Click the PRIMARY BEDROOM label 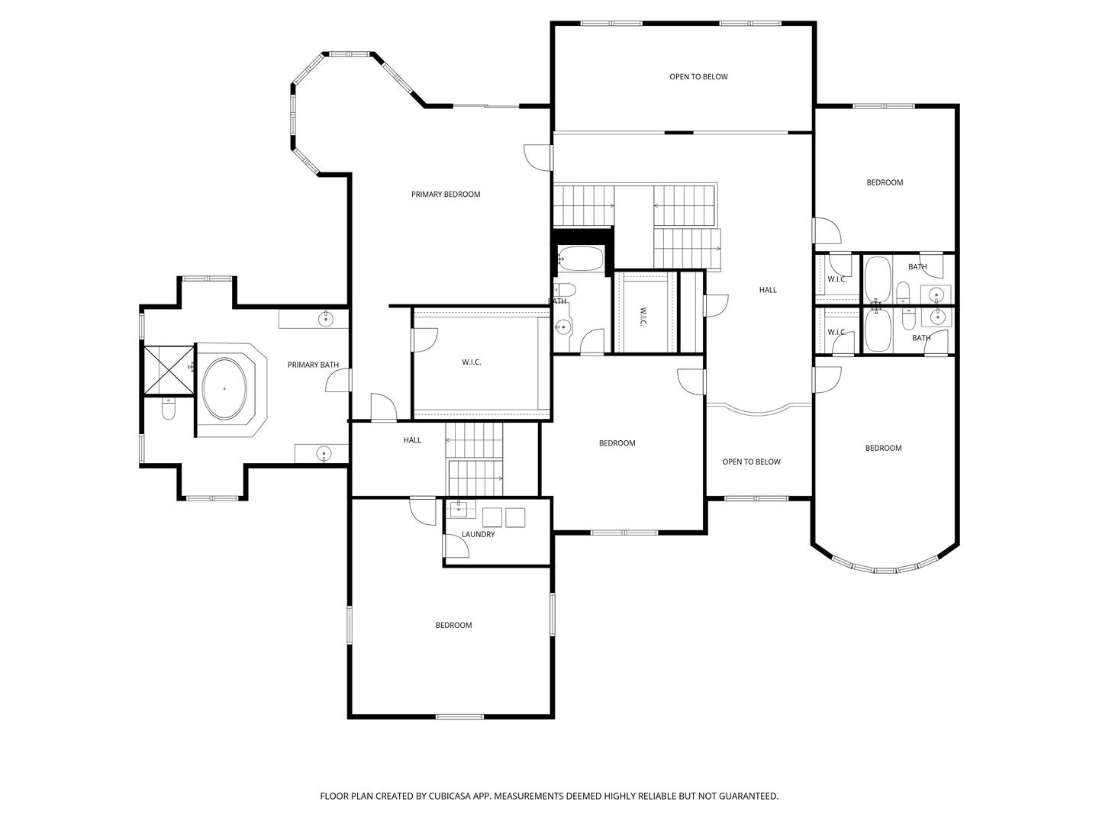tap(445, 194)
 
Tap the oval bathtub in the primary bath tap(224, 389)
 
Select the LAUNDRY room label tap(479, 534)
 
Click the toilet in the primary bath tap(169, 409)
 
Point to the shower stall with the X tap(169, 370)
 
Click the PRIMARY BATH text tap(313, 365)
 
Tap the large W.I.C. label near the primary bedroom tap(471, 362)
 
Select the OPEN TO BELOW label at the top tap(698, 76)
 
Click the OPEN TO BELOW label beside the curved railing tap(751, 462)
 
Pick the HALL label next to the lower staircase tap(412, 440)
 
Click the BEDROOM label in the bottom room tap(453, 625)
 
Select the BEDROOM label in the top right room tap(885, 182)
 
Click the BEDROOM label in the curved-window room tap(883, 449)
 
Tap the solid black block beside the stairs tap(583, 237)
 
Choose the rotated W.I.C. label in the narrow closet tap(643, 316)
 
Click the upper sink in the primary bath tap(326, 318)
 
